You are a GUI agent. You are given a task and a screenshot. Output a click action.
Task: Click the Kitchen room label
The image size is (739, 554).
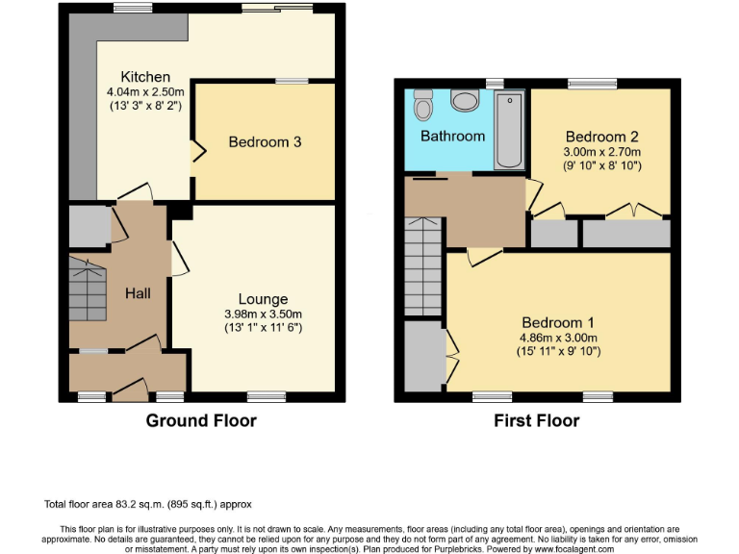point(145,77)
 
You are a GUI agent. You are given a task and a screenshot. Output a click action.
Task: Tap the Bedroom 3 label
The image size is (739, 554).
point(265,142)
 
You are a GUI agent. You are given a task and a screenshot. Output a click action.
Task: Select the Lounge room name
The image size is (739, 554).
point(264,299)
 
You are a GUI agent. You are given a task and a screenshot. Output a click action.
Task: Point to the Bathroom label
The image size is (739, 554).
point(452,137)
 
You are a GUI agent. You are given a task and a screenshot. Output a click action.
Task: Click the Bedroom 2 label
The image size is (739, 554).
point(602,137)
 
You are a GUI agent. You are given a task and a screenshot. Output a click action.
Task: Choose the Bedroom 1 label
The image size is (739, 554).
point(558,322)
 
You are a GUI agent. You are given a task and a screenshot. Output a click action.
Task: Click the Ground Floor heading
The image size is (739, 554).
point(201,420)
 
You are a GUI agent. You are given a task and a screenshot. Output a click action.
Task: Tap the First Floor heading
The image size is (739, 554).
point(536,420)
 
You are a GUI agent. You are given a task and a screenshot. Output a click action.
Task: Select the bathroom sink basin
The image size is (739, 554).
point(464,101)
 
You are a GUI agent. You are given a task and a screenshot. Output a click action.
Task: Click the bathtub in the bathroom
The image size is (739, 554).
point(508,130)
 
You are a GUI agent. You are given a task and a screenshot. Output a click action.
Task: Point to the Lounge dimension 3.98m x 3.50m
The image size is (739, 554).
point(264,314)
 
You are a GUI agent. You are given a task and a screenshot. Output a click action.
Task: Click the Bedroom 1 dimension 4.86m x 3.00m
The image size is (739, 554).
point(558,337)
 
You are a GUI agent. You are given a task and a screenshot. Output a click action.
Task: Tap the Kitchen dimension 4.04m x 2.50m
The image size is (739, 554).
point(145,91)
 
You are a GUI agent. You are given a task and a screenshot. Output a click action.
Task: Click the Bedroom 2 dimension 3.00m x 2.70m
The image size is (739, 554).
point(602,151)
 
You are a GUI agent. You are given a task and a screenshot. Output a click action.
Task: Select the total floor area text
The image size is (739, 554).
point(147,504)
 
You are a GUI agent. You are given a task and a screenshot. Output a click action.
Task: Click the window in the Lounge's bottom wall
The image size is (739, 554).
point(266,395)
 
